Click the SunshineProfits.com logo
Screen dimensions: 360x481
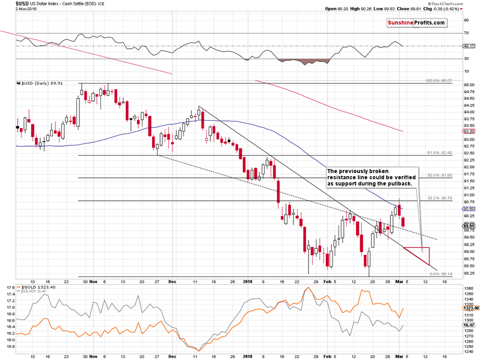pos(416,23)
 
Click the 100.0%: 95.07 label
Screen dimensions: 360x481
pos(438,81)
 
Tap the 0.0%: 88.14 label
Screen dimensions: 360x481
pos(441,274)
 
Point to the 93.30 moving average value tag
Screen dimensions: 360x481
pos(470,131)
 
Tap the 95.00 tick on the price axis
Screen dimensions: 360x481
pos(469,85)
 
